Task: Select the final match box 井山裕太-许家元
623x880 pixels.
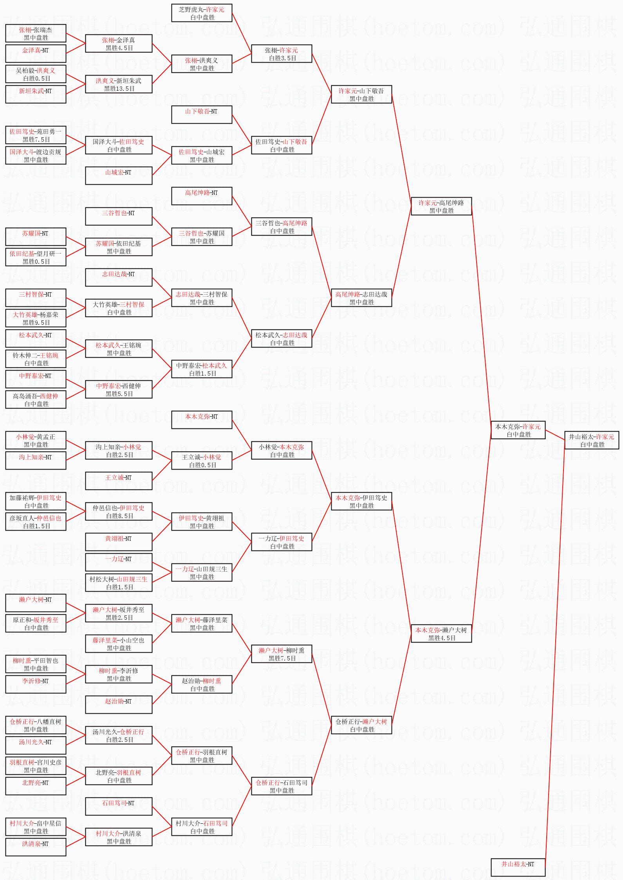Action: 591,440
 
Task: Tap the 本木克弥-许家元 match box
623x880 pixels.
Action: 518,430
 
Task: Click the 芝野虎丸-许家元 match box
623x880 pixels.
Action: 202,13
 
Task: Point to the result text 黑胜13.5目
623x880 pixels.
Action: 119,89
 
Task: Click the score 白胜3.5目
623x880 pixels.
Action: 282,58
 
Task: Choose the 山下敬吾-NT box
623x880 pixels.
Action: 202,115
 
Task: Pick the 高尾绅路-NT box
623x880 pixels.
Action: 202,196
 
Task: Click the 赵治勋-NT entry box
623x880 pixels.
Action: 119,705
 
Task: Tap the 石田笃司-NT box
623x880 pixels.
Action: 119,806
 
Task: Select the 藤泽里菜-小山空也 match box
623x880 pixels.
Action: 119,644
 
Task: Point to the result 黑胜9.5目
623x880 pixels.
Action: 36,323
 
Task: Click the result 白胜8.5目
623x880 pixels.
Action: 119,516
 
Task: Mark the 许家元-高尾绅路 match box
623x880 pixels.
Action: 441,206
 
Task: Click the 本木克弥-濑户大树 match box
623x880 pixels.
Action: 441,633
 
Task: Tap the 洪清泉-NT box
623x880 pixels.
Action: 36,847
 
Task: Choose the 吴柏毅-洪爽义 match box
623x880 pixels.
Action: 36,74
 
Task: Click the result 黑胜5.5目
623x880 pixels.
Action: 119,394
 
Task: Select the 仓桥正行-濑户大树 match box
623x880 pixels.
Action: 361,725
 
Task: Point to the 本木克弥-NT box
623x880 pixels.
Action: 202,420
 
